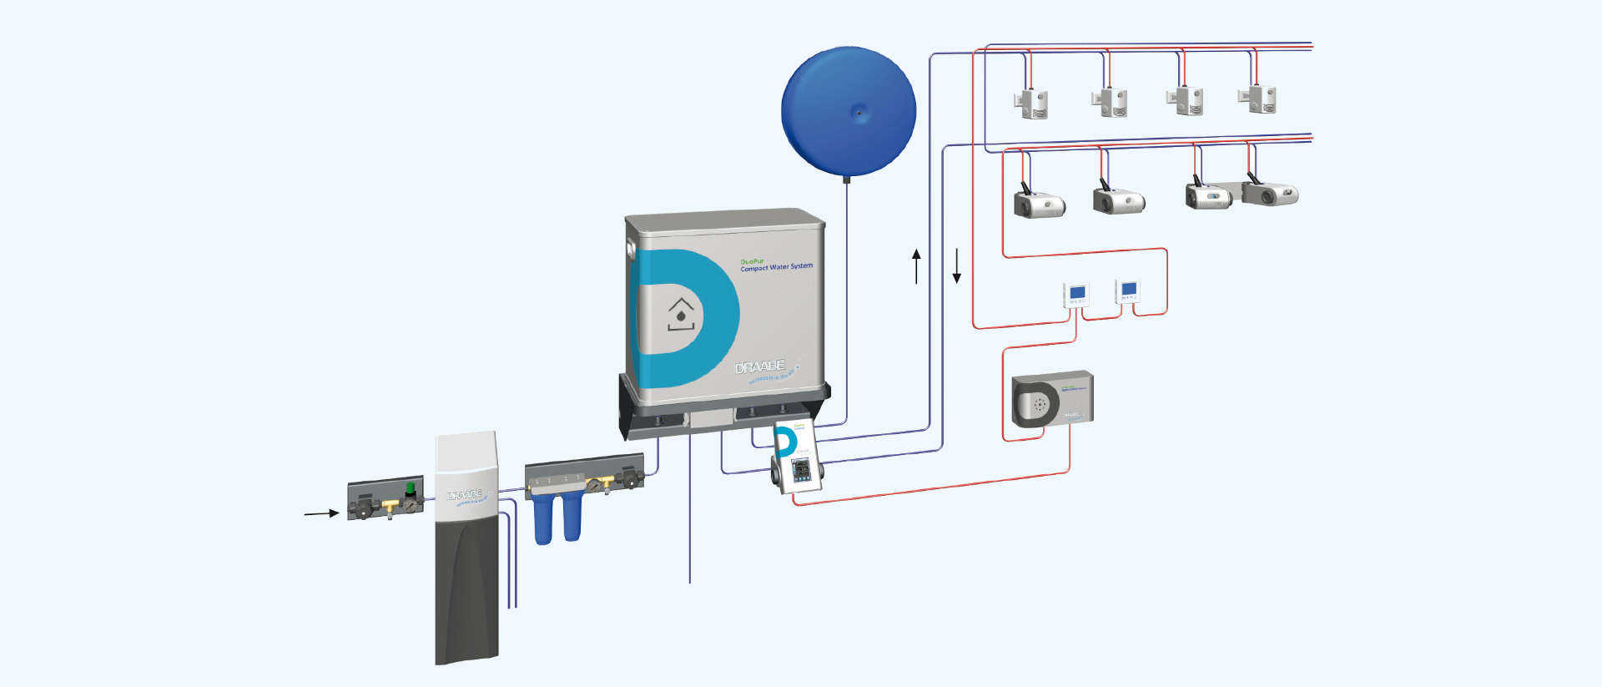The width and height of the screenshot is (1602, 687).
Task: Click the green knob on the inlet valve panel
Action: coord(411,488)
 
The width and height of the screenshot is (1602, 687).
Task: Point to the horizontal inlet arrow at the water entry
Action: coord(321,513)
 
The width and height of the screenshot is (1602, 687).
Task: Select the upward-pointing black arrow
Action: coord(916,265)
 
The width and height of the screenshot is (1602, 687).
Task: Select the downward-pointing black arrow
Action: coord(957,265)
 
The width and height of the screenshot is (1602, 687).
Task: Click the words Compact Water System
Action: coord(776,267)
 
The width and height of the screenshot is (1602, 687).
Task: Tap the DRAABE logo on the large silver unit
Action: coord(759,367)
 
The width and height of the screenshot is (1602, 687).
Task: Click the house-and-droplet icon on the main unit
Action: coord(681,315)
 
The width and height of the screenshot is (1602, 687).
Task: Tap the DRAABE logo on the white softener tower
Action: coord(465,496)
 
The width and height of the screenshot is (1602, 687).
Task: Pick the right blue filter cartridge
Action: coord(572,518)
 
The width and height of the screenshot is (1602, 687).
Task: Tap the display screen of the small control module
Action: coord(801,470)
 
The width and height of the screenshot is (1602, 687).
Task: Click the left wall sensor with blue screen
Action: coord(1076,295)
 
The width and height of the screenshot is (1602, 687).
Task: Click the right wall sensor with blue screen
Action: coord(1128,290)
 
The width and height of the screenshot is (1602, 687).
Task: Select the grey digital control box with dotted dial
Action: coord(1052,400)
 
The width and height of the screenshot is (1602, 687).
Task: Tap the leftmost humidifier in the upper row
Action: coord(1033,104)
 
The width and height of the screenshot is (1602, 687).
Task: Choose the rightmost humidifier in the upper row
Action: coord(1259,99)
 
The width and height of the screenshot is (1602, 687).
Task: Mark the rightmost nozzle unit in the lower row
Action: coord(1269,194)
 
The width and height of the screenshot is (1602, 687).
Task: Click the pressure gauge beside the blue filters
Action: coord(593,485)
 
